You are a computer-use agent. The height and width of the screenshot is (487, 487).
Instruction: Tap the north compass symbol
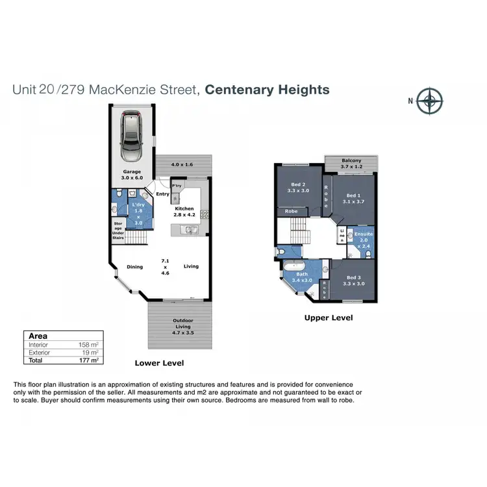click(430, 101)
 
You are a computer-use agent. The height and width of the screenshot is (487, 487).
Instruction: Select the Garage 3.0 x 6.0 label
click(131, 174)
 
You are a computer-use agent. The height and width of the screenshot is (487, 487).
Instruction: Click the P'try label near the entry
click(176, 185)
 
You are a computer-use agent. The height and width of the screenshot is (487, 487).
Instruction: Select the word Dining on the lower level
click(134, 266)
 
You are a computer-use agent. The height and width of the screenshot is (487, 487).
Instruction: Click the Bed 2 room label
click(298, 188)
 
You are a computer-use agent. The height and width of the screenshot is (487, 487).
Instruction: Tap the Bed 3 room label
click(353, 281)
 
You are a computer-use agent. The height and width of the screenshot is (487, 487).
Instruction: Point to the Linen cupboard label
click(341, 234)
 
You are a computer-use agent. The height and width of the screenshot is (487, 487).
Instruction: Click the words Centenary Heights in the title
click(267, 90)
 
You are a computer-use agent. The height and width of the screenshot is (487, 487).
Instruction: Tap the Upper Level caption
click(329, 318)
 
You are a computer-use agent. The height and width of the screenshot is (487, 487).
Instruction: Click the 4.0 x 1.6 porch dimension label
click(182, 164)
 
